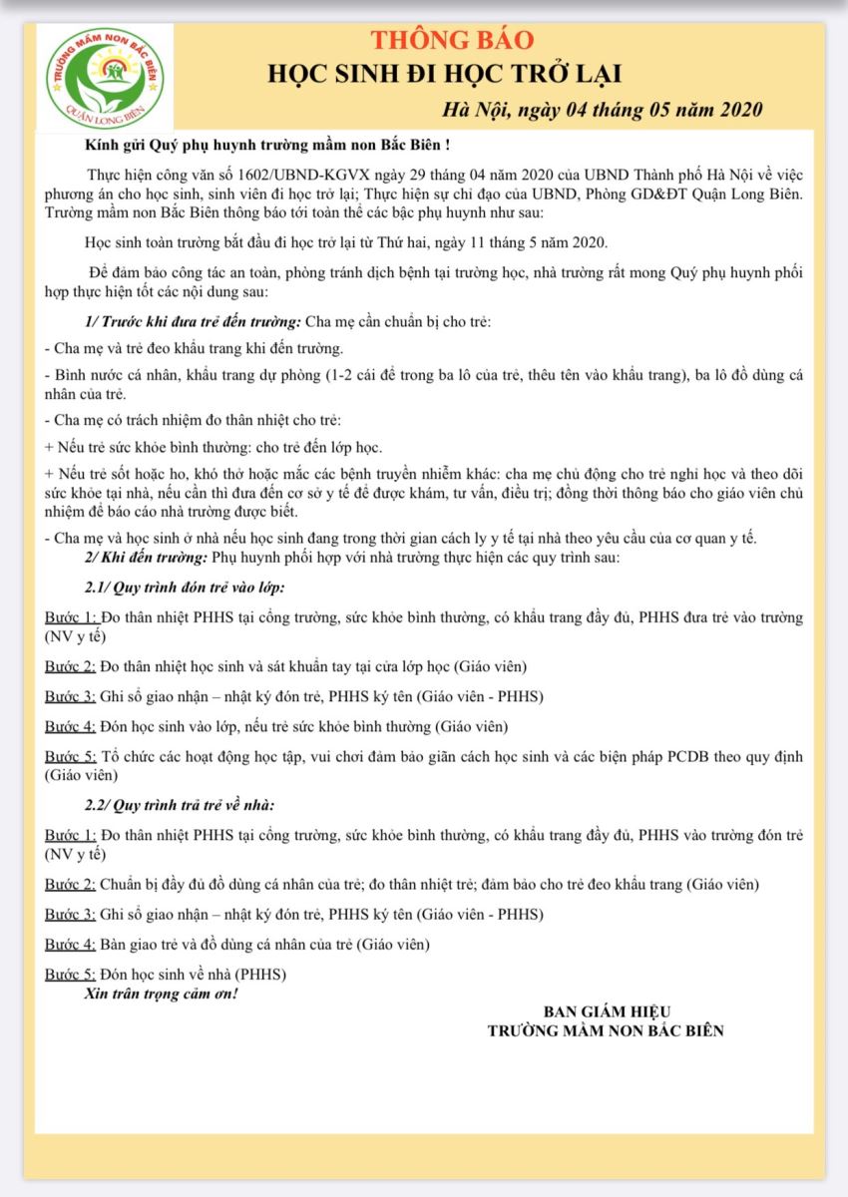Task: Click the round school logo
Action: point(105,75)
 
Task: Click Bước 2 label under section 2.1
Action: point(70,666)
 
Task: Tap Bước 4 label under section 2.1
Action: point(70,726)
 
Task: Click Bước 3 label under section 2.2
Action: point(70,914)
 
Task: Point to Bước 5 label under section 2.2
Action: point(70,974)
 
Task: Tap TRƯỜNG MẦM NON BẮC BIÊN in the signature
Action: point(605,1030)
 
